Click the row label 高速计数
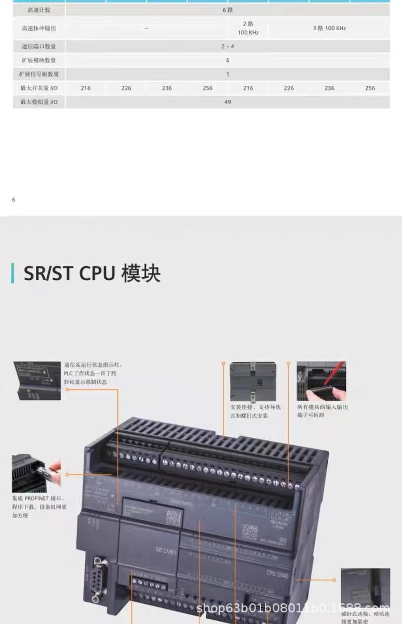click(x=39, y=10)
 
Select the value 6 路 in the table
click(x=227, y=10)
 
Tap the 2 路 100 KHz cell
click(x=248, y=28)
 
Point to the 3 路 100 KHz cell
click(x=329, y=28)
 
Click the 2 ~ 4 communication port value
click(x=227, y=46)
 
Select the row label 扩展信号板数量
click(x=39, y=74)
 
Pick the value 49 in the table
click(x=227, y=102)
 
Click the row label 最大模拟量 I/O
click(x=39, y=102)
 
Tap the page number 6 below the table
click(x=14, y=200)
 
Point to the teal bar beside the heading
click(x=13, y=274)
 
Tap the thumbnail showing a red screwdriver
click(x=321, y=381)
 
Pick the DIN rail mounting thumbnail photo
click(x=253, y=381)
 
